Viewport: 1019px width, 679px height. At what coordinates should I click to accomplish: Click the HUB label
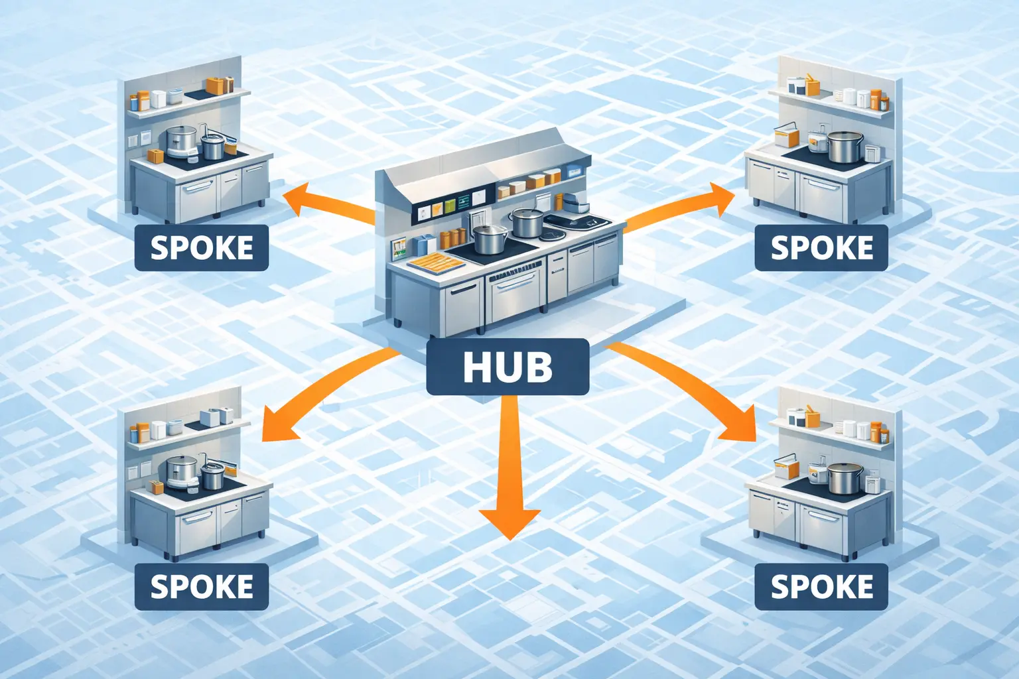pyautogui.click(x=508, y=367)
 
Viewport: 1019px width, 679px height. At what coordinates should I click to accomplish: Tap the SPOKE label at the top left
pyautogui.click(x=202, y=248)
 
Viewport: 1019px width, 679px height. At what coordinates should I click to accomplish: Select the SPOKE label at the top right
pyautogui.click(x=821, y=248)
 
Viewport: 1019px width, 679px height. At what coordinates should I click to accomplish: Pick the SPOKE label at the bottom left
pyautogui.click(x=202, y=587)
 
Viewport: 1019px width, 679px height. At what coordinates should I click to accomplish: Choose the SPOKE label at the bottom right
pyautogui.click(x=821, y=587)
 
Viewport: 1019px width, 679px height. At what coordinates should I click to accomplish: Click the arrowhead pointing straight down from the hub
pyautogui.click(x=509, y=521)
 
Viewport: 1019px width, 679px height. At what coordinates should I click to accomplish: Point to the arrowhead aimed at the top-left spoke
pyautogui.click(x=296, y=199)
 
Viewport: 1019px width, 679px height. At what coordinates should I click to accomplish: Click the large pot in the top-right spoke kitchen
pyautogui.click(x=845, y=147)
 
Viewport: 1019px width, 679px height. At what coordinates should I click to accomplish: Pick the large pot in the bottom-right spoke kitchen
pyautogui.click(x=845, y=479)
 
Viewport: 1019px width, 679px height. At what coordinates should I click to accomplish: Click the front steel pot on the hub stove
pyautogui.click(x=490, y=239)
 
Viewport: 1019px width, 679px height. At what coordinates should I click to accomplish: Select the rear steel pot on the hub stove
pyautogui.click(x=527, y=222)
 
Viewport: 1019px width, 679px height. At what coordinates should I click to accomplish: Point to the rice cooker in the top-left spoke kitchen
pyautogui.click(x=181, y=141)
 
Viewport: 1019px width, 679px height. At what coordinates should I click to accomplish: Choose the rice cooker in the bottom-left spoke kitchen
pyautogui.click(x=181, y=470)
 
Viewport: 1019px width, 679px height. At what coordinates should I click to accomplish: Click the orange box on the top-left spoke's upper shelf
pyautogui.click(x=217, y=86)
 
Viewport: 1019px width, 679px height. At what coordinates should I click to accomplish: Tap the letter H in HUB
pyautogui.click(x=476, y=367)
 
